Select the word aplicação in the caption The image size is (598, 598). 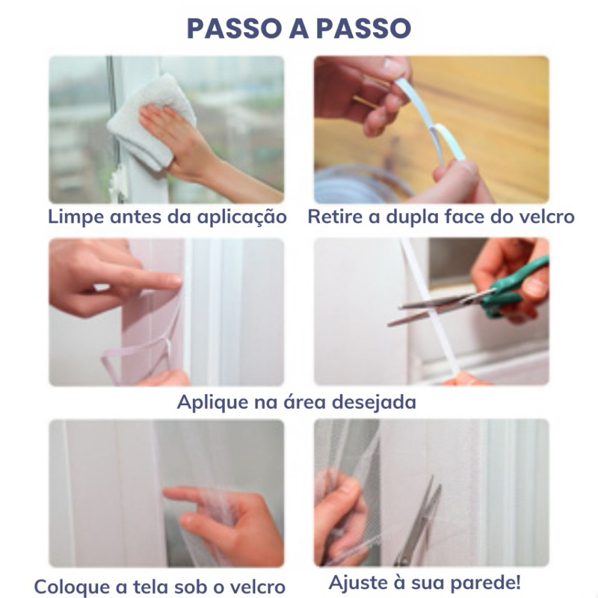[x=241, y=218]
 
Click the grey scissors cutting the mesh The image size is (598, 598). [x=418, y=523]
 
